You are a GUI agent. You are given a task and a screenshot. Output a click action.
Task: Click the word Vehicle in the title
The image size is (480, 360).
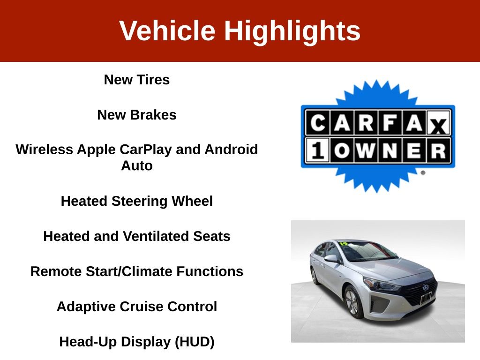coord(167,30)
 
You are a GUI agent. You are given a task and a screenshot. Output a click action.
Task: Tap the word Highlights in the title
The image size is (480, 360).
coord(292,31)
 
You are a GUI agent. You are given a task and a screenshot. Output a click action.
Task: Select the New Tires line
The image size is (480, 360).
coord(137,80)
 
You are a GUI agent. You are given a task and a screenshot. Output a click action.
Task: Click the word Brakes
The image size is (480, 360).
coord(153,115)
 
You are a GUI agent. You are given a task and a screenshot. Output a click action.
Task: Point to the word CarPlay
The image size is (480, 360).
coord(145,150)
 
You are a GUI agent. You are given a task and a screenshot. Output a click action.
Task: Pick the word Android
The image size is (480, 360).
coord(231,150)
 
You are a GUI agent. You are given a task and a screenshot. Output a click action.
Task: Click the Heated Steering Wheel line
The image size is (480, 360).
coord(137,201)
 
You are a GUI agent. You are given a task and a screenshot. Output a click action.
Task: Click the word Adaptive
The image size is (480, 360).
coord(86,307)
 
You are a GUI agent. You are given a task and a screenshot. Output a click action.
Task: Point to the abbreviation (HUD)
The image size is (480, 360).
coord(195,342)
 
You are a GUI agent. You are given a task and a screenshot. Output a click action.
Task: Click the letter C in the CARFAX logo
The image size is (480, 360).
coord(318,123)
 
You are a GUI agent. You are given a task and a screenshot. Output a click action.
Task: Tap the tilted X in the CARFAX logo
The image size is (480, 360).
coord(439,125)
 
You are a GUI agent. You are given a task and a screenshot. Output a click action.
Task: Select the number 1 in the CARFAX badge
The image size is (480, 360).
coord(317,150)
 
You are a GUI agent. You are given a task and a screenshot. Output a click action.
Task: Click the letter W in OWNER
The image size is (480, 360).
coord(366,150)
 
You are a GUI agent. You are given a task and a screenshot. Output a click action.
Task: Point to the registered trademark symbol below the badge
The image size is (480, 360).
coord(423,172)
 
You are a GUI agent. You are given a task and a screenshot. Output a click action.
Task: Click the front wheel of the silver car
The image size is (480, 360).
coord(352,301)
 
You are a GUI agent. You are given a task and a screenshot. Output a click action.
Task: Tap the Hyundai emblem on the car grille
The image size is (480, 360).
coord(426,287)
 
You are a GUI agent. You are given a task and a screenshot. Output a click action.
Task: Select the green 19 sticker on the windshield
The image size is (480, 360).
coord(344,244)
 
